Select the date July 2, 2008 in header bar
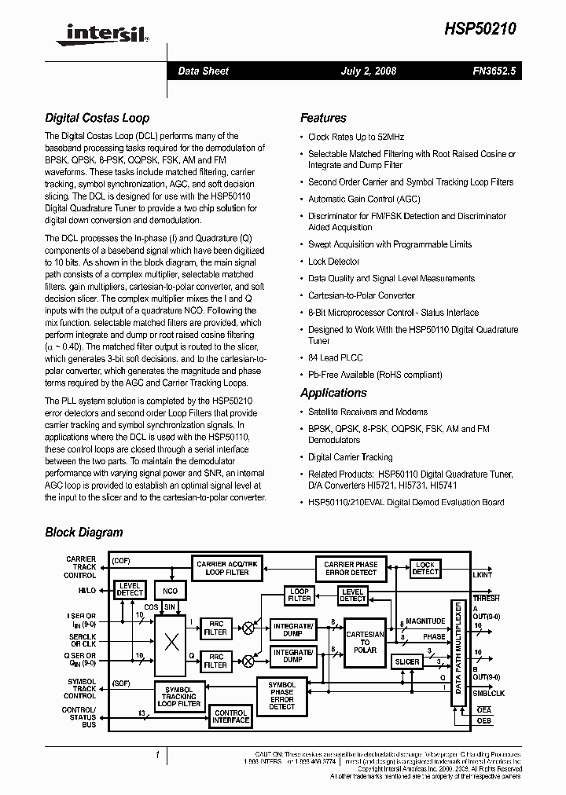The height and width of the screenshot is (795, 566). (x=368, y=71)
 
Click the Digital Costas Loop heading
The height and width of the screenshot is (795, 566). (x=97, y=119)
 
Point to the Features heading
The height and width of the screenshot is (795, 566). (x=323, y=119)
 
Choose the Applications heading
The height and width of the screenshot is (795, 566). (x=333, y=393)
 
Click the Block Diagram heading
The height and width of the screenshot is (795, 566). (x=84, y=533)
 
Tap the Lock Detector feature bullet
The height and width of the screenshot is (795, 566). (x=333, y=262)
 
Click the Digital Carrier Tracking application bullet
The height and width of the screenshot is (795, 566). (x=350, y=456)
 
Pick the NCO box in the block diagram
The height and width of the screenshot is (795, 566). (x=171, y=591)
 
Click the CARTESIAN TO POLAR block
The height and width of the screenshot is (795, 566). (x=366, y=642)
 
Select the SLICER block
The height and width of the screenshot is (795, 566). (x=407, y=661)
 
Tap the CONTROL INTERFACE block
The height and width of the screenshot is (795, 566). (x=231, y=716)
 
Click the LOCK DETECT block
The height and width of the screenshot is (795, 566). (x=425, y=568)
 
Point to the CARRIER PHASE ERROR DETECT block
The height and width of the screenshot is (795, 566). (x=351, y=568)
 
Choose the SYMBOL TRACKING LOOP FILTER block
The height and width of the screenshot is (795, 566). (x=179, y=696)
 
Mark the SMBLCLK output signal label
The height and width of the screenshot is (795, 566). (x=488, y=694)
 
